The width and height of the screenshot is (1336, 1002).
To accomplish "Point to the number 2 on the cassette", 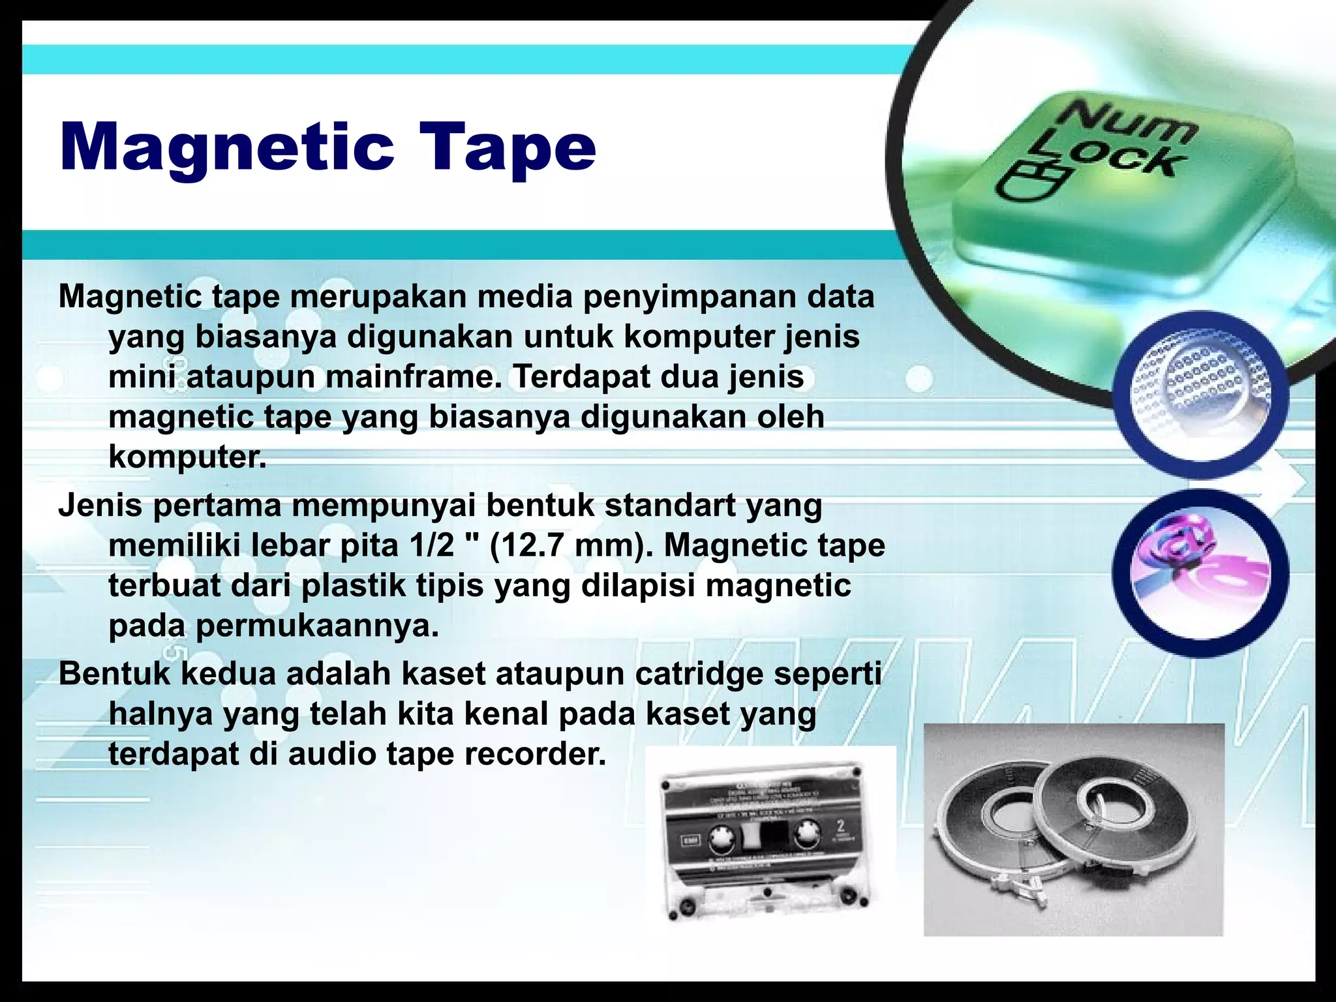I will (x=840, y=828).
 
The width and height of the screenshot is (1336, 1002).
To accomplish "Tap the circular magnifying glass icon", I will (x=1201, y=395).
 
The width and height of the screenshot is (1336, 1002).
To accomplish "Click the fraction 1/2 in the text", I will (x=432, y=545).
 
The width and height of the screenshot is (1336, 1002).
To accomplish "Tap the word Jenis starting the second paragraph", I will (x=100, y=506).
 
